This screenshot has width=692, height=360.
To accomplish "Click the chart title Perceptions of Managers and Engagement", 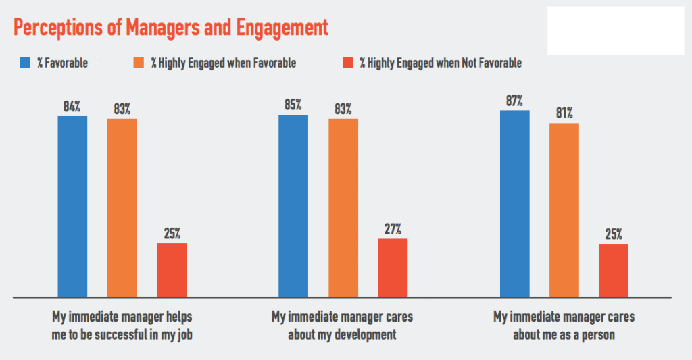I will click(170, 28).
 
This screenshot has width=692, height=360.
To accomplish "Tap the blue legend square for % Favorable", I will click(25, 63).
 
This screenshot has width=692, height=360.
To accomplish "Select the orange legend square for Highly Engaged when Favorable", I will click(141, 63).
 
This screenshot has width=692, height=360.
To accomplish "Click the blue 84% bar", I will click(72, 206).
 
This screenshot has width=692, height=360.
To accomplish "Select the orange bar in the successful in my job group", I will click(122, 207).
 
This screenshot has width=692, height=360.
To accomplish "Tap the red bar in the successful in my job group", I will click(172, 269).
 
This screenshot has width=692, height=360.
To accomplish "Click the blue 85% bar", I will click(293, 205).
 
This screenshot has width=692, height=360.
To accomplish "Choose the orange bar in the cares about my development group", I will click(343, 207).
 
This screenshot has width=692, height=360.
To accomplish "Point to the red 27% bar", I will click(393, 267).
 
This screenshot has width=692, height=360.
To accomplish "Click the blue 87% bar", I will click(514, 203).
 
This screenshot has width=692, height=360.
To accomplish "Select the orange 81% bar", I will click(564, 209).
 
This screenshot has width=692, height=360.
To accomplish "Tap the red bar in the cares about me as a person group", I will click(614, 269).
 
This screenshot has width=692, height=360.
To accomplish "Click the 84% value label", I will click(72, 106).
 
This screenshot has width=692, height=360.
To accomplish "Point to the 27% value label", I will click(393, 228).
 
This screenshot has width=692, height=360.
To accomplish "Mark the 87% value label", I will click(514, 101).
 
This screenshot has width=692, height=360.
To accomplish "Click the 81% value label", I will click(564, 113).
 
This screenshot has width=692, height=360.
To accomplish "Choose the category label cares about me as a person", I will click(564, 324).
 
